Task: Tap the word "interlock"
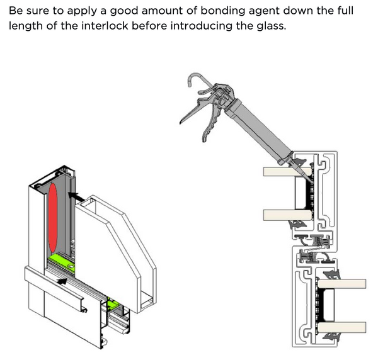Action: pyautogui.click(x=105, y=26)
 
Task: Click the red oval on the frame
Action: pyautogui.click(x=53, y=217)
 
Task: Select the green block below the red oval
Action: pyautogui.click(x=62, y=262)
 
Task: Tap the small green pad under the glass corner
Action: pyautogui.click(x=113, y=305)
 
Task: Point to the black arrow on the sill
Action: pyautogui.click(x=62, y=281)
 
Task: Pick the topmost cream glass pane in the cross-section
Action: pyautogui.click(x=287, y=172)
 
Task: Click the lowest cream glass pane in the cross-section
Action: pyautogui.click(x=341, y=327)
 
